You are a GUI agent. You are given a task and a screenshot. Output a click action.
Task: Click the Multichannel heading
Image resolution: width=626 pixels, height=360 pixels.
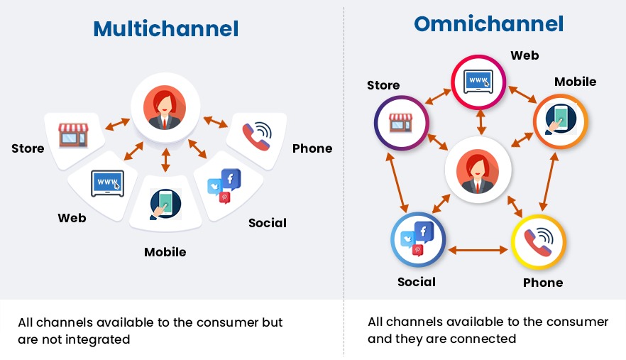click(x=165, y=28)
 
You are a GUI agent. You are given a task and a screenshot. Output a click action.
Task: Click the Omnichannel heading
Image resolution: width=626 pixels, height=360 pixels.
click(x=488, y=23)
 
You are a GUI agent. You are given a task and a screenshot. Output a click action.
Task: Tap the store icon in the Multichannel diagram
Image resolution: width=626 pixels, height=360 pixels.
click(x=73, y=134)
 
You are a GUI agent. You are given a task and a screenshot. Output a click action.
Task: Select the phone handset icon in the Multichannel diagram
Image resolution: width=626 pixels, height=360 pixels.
click(x=256, y=134)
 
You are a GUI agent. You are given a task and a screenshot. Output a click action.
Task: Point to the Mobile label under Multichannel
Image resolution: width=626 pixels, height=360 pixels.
click(x=165, y=252)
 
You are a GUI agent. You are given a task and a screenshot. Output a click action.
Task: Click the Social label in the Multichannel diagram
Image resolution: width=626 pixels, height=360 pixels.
click(x=268, y=223)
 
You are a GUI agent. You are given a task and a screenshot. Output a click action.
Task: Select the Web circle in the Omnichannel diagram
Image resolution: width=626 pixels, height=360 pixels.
click(x=480, y=80)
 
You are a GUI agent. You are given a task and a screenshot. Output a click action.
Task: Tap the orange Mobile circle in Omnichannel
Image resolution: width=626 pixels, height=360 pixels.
click(x=559, y=119)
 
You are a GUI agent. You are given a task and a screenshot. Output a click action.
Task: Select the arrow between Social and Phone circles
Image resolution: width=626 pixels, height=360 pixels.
click(x=478, y=249)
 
